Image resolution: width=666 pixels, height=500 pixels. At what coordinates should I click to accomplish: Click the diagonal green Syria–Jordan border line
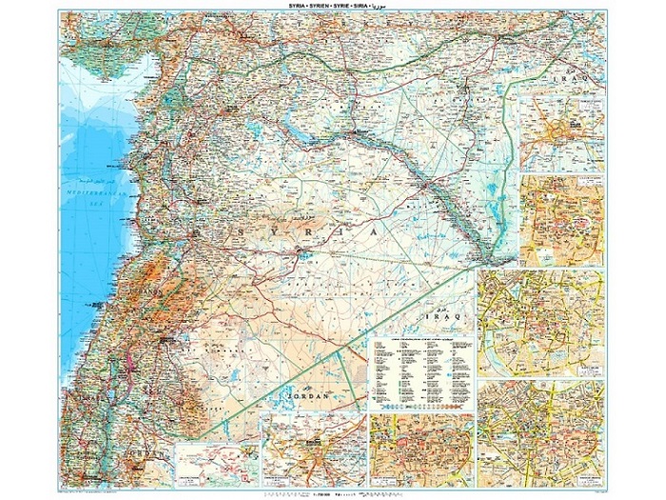point(285,381)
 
